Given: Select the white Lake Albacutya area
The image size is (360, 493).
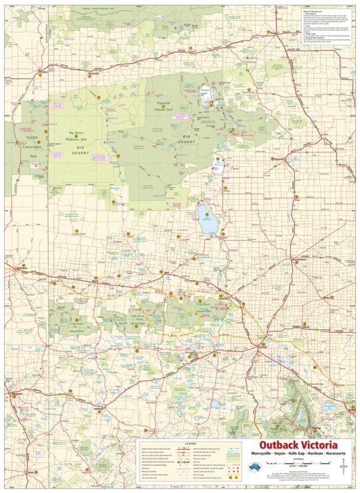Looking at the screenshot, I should point(218,162).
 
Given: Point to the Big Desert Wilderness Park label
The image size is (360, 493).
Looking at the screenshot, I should point(79,137).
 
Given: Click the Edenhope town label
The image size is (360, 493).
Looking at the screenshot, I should point(100,405).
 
